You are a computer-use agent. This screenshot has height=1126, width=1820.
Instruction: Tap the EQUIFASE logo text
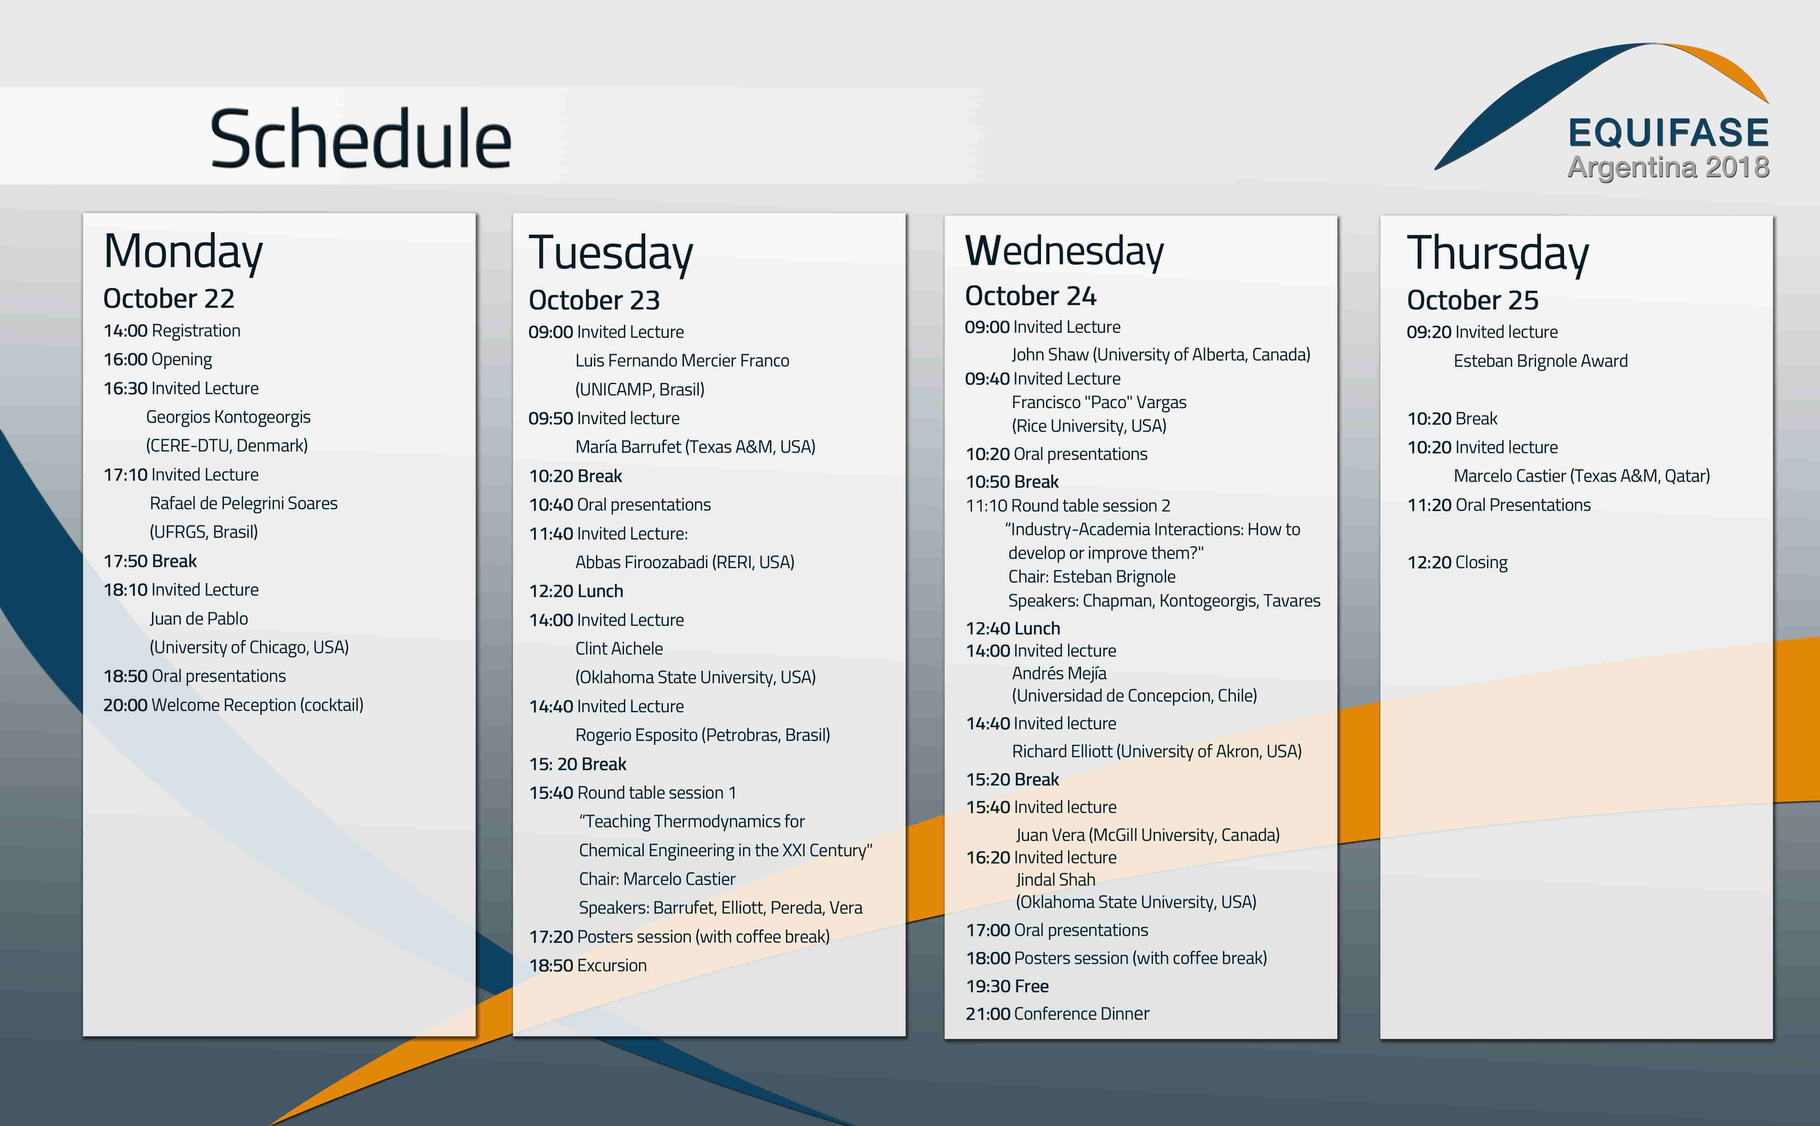tap(1668, 133)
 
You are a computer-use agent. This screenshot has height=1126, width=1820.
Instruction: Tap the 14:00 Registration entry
tap(172, 331)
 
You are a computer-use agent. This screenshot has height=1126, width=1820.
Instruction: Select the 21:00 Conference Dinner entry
tap(1057, 1014)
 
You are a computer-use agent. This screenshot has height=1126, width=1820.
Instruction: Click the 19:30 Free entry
tap(1007, 986)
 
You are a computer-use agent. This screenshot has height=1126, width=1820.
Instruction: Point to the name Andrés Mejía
tap(1059, 673)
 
